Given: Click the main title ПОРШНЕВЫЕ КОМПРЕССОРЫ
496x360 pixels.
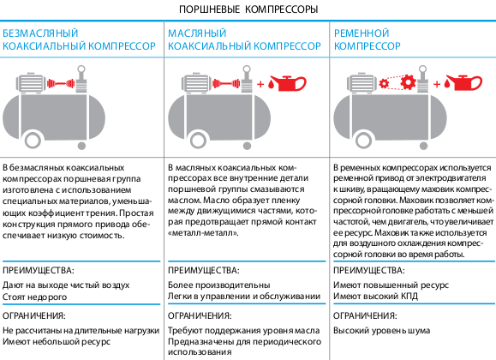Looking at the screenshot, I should (248, 9).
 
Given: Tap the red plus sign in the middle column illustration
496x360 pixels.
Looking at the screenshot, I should (260, 84).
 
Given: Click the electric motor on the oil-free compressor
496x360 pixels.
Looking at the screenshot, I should (33, 82).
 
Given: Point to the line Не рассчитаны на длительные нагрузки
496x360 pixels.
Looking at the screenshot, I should (81, 331).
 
